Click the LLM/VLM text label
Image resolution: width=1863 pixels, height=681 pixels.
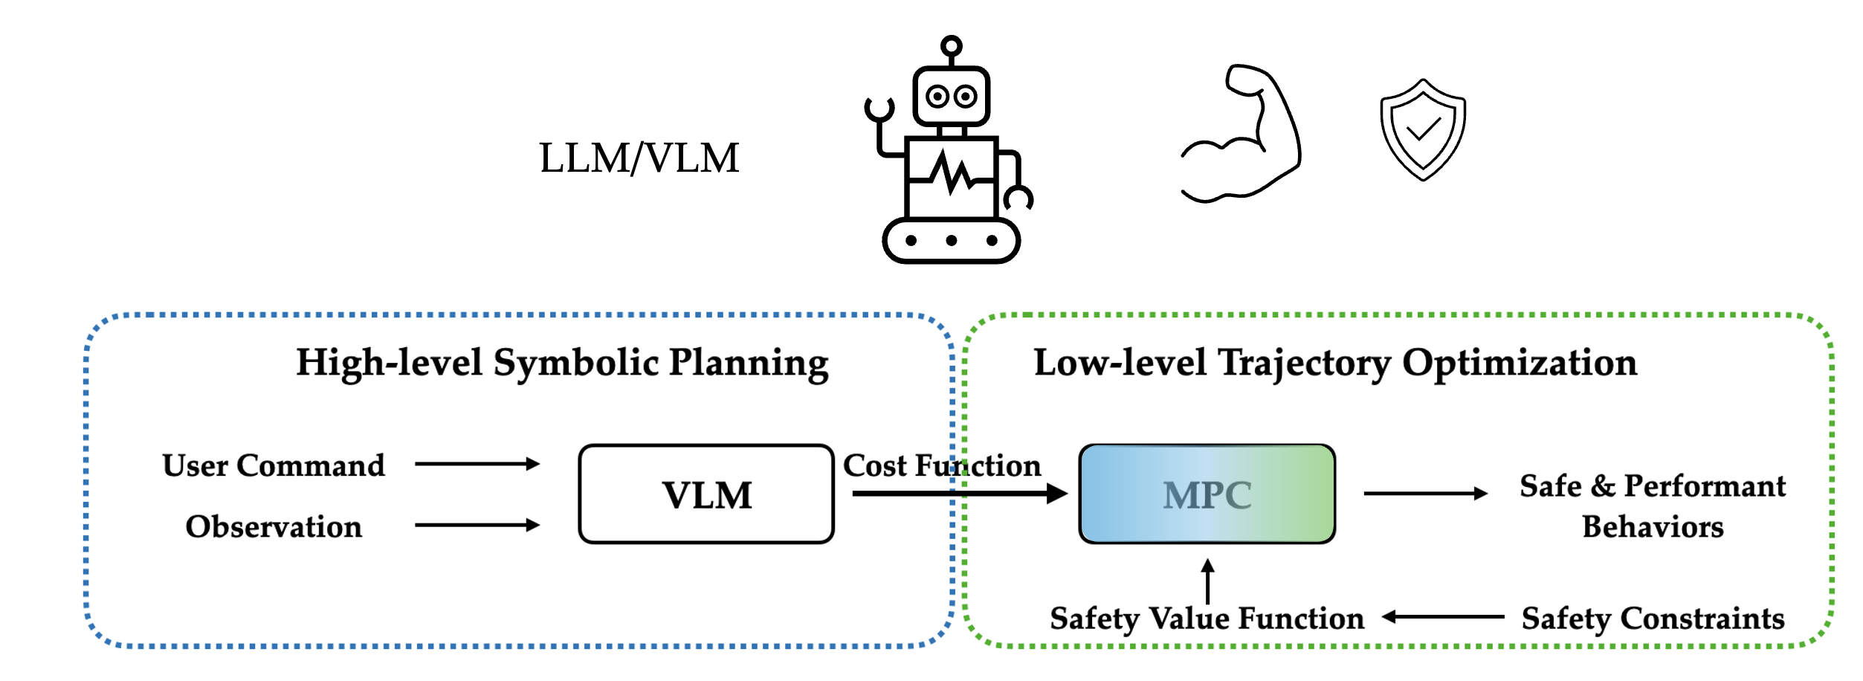point(639,158)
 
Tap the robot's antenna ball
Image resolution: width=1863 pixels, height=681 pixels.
point(951,47)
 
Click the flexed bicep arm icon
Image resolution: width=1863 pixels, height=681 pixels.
point(1242,134)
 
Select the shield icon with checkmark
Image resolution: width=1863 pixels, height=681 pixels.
point(1422,130)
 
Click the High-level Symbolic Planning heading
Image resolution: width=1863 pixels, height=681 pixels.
point(562,364)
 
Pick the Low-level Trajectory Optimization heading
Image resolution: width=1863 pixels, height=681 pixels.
point(1335,364)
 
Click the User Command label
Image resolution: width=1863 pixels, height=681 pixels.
point(274,465)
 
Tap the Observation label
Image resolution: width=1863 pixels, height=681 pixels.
point(274,526)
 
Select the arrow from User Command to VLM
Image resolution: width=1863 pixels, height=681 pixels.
point(477,464)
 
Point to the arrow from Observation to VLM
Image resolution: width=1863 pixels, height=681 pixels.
point(477,525)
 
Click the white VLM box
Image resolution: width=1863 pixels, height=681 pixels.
point(706,494)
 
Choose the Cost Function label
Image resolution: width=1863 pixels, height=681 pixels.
point(941,465)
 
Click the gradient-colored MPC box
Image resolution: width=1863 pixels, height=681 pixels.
point(1207,494)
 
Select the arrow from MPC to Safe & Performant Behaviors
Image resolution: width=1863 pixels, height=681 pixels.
point(1425,493)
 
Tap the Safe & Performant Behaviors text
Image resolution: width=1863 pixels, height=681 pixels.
point(1652,506)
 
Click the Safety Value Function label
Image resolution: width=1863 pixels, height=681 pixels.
point(1207,619)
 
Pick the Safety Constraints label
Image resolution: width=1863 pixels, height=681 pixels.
point(1653,619)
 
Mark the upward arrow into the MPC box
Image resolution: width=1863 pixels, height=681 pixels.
point(1207,581)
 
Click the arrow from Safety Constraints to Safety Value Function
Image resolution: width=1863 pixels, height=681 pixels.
point(1442,617)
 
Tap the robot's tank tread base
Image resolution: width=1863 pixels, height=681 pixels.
point(951,240)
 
